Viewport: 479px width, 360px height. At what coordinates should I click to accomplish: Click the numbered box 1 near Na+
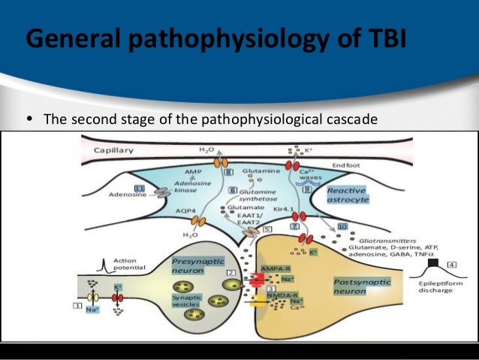click(77, 305)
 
